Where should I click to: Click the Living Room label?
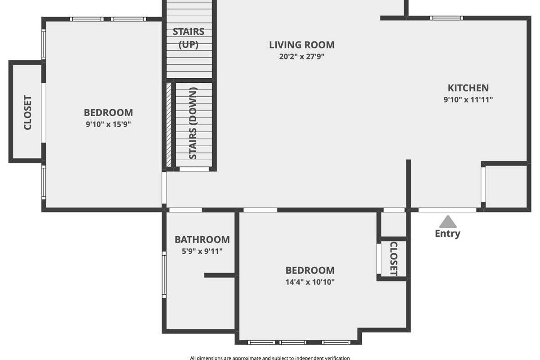(x=301, y=45)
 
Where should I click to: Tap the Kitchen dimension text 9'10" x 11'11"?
(x=468, y=99)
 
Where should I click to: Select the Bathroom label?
(x=202, y=240)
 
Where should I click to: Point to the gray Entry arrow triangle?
(x=448, y=221)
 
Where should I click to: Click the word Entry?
(x=448, y=234)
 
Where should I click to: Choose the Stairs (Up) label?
(x=189, y=38)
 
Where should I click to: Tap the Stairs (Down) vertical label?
(x=193, y=123)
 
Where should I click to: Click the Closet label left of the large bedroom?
(x=28, y=112)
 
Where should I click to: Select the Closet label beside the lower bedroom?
(x=393, y=259)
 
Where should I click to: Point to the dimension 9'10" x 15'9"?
(x=108, y=124)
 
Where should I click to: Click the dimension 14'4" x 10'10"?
(x=310, y=282)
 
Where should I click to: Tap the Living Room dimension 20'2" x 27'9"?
(x=301, y=56)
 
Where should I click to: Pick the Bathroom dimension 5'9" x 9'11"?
(x=202, y=251)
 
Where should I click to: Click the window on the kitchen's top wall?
(x=446, y=18)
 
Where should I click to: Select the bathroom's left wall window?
(x=164, y=275)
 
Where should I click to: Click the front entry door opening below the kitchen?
(x=447, y=210)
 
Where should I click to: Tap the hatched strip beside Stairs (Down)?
(x=169, y=125)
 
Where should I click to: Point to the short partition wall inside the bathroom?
(x=220, y=275)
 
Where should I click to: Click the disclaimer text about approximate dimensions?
(x=270, y=358)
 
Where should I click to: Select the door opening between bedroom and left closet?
(x=44, y=113)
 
